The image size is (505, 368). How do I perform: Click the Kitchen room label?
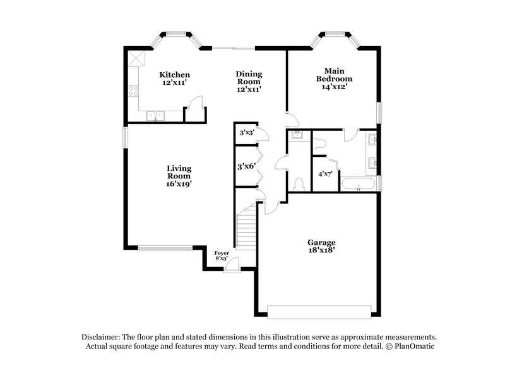coord(174,75)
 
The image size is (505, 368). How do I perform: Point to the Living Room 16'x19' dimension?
coord(179,184)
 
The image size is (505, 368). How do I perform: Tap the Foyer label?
coord(222,254)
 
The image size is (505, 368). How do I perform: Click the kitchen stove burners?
coord(134,91)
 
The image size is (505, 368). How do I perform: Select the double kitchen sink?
coord(155,115)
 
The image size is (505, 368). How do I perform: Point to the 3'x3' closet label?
coord(246,133)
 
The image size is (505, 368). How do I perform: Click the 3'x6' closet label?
coord(246,167)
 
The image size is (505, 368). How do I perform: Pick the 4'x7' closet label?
coord(325,173)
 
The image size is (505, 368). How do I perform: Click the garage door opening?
coord(319,311)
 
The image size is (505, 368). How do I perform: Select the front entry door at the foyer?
coord(232,266)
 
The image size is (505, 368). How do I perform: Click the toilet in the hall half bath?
coord(299,183)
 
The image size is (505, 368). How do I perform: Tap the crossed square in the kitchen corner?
coord(136,59)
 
